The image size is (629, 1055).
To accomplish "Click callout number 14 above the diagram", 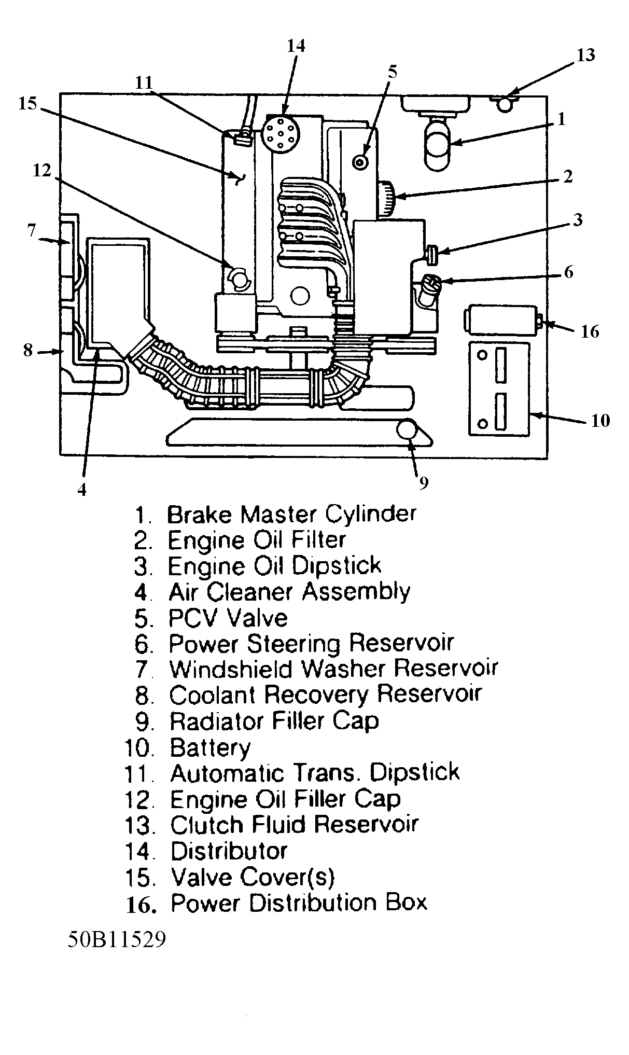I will click(x=296, y=46).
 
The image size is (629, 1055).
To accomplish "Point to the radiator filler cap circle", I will click(x=408, y=431).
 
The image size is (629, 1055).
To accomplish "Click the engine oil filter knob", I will click(x=387, y=199).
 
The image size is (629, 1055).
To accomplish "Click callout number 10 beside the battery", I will click(x=600, y=420).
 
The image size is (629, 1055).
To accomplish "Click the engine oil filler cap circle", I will click(x=239, y=279).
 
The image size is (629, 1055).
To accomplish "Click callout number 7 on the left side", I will click(x=31, y=230).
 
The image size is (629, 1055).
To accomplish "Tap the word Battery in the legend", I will click(x=210, y=747).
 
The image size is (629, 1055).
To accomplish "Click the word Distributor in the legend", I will click(x=229, y=851).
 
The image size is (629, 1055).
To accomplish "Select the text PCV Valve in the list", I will click(x=228, y=618).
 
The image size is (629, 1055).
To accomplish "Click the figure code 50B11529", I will click(x=117, y=939).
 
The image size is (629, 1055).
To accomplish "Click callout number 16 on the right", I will click(x=590, y=331).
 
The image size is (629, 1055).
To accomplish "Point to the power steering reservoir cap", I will click(x=431, y=284).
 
